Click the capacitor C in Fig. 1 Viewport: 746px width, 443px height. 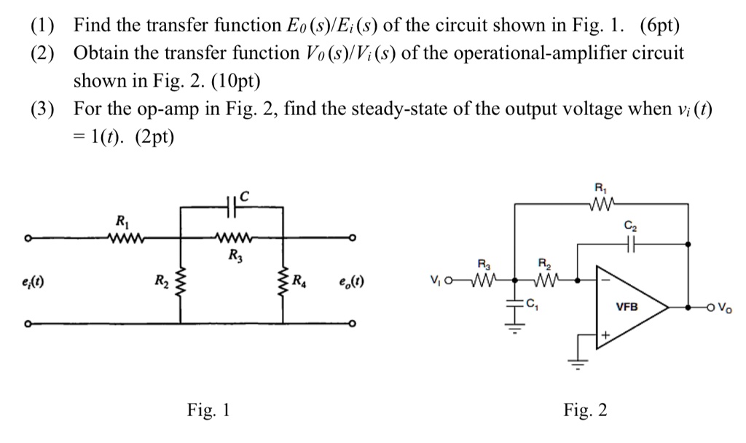pos(231,206)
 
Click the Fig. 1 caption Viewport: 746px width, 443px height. pos(209,410)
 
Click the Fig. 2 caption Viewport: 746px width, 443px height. pos(585,410)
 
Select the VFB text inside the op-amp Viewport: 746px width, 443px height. pos(627,307)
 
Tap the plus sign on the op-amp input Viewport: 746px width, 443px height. pos(603,333)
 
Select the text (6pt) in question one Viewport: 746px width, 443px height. pos(659,27)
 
